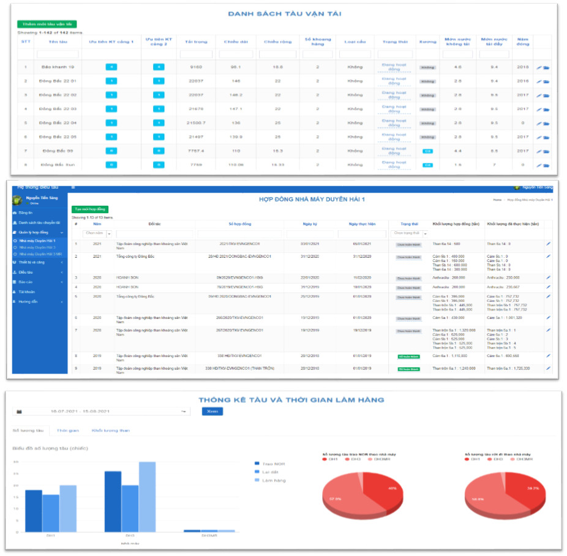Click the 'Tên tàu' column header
point(58,42)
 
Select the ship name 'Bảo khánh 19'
point(58,67)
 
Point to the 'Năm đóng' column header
point(522,42)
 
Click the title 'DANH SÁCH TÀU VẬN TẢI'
point(285,13)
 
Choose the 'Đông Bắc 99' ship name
point(58,151)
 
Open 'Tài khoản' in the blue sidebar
point(28,291)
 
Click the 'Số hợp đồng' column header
point(240,224)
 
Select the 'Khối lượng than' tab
point(111,430)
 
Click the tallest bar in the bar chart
point(147,496)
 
